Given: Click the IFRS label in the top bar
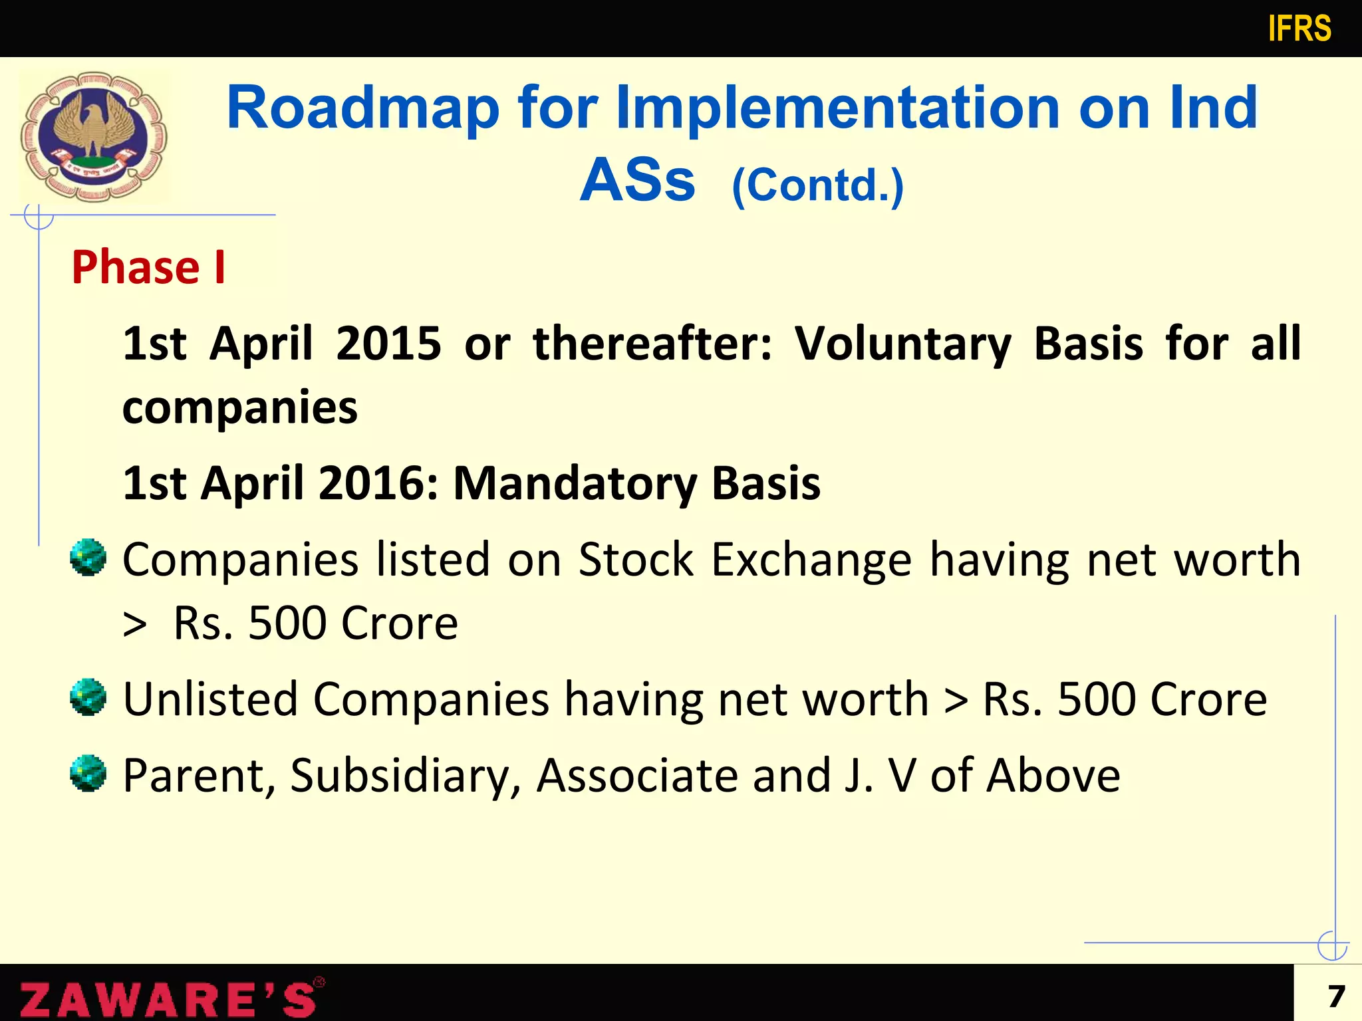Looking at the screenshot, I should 1299,29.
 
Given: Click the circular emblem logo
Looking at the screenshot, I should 94,136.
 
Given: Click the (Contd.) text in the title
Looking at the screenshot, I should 817,185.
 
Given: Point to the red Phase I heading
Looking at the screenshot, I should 148,267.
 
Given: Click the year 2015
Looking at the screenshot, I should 388,344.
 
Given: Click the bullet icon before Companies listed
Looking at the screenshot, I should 88,558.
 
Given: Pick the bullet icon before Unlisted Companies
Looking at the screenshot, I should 88,697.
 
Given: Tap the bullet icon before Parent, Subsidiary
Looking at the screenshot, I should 88,774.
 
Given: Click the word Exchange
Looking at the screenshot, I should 811,560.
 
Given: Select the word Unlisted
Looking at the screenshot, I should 210,699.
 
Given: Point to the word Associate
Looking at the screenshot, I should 637,776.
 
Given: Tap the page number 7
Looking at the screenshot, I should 1336,996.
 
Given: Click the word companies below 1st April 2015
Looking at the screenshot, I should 240,408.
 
